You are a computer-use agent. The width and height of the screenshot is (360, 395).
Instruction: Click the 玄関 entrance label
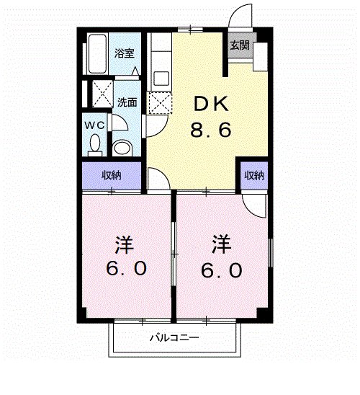pyautogui.click(x=240, y=45)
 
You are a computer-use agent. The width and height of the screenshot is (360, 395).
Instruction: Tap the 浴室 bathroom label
pyautogui.click(x=125, y=53)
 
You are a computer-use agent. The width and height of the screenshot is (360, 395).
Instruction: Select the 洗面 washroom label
pyautogui.click(x=127, y=102)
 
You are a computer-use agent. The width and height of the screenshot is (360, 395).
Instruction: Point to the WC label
pyautogui.click(x=94, y=125)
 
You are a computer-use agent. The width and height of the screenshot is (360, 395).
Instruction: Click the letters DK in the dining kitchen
pyautogui.click(x=212, y=105)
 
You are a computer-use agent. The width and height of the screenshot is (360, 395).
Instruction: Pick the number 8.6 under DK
pyautogui.click(x=210, y=130)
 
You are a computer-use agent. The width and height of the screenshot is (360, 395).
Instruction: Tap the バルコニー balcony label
pyautogui.click(x=174, y=337)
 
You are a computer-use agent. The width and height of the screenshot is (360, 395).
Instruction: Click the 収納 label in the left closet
pyautogui.click(x=112, y=175)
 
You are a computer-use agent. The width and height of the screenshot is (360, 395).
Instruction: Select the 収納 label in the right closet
pyautogui.click(x=254, y=175)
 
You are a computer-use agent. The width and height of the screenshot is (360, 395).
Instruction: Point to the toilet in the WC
pyautogui.click(x=95, y=145)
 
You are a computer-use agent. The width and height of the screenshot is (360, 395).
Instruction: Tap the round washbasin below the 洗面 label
pyautogui.click(x=122, y=148)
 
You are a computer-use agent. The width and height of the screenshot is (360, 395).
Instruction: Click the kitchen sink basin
pyautogui.click(x=161, y=79)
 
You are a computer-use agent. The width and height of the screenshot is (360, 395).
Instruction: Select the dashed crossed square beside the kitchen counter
pyautogui.click(x=160, y=103)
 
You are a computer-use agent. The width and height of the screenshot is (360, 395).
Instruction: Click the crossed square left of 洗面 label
pyautogui.click(x=102, y=94)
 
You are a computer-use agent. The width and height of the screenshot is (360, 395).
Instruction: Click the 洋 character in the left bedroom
pyautogui.click(x=125, y=244)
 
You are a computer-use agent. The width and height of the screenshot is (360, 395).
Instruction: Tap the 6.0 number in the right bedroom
pyautogui.click(x=221, y=270)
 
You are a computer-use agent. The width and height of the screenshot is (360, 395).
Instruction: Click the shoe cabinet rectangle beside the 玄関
pyautogui.click(x=261, y=57)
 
